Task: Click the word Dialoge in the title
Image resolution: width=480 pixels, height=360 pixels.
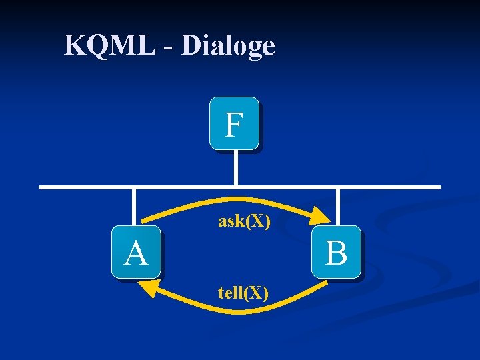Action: [228, 46]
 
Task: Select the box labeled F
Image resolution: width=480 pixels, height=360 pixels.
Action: [234, 123]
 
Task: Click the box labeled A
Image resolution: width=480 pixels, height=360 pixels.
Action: [136, 252]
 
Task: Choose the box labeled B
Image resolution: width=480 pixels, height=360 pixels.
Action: [337, 252]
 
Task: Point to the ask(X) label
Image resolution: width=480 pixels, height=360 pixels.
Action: [244, 221]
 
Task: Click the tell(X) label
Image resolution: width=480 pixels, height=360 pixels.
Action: [243, 292]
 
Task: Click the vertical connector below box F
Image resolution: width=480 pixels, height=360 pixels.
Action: [235, 167]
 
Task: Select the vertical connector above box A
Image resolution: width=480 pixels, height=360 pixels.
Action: [134, 207]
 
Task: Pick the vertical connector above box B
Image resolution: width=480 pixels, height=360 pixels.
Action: [338, 207]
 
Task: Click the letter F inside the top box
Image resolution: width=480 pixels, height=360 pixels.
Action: [233, 125]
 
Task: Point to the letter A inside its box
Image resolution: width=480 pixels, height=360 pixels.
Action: [136, 253]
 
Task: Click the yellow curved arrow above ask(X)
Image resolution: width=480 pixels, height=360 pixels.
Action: [233, 199]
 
